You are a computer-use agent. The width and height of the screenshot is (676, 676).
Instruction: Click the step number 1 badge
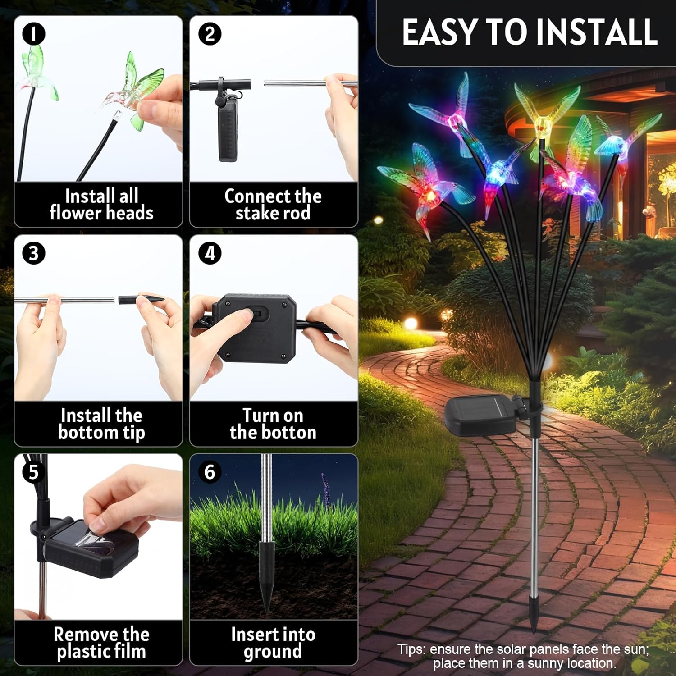pos(34,34)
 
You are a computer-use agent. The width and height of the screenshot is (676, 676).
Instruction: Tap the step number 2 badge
pos(210,34)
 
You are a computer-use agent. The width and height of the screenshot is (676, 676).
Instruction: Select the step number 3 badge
pos(34,253)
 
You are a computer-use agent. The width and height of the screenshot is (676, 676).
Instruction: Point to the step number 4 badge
pos(210,253)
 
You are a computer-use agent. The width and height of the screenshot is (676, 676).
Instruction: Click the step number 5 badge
pos(34,472)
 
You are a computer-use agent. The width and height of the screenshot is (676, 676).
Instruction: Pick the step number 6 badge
pos(210,472)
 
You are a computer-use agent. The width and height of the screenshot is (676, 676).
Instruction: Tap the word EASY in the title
pos(440,32)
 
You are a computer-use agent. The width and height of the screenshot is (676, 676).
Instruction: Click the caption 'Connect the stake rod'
pos(273,205)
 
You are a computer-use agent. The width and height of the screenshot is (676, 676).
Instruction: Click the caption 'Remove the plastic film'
pos(101,643)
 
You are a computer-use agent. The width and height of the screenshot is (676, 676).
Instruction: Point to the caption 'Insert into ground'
pos(273,643)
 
